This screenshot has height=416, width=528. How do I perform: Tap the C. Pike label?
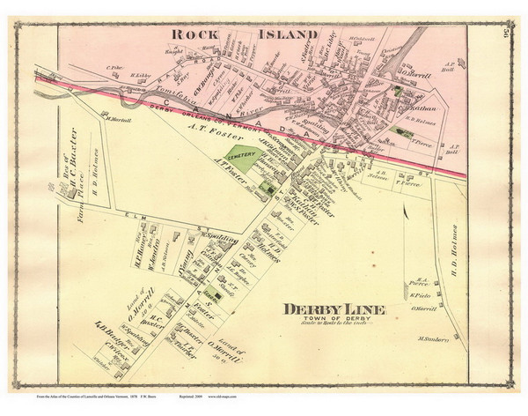113,66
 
